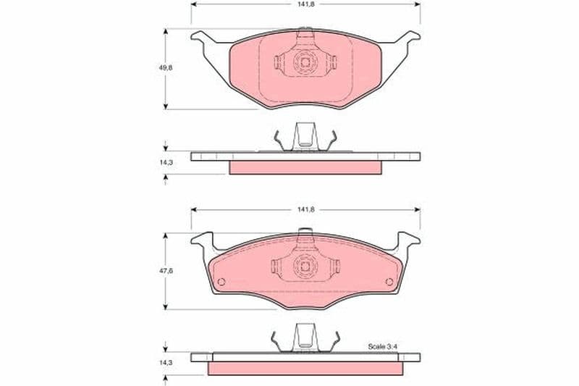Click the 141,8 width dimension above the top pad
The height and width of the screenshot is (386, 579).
click(305, 4)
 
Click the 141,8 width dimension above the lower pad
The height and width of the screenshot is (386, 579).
click(305, 209)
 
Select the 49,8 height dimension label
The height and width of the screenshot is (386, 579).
click(166, 67)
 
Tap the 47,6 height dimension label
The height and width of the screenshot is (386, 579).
click(166, 270)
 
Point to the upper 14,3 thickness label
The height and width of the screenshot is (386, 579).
click(166, 162)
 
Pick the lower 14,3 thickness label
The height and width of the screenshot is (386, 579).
click(166, 363)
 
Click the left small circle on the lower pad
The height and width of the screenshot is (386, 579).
click(221, 282)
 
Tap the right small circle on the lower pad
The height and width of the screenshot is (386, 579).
click(389, 282)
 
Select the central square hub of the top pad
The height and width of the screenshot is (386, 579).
click(305, 62)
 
